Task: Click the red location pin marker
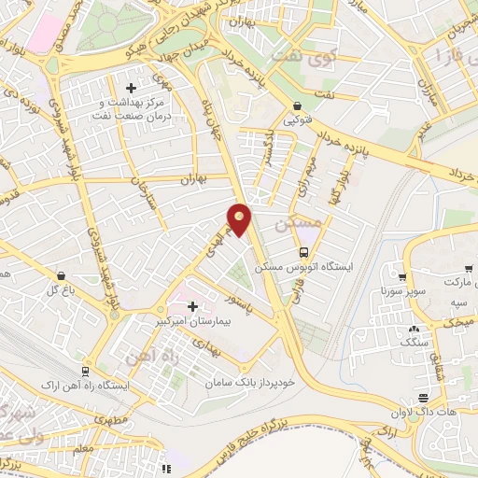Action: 240,219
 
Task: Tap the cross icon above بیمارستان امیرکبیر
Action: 193,306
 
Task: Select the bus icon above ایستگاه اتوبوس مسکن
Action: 304,252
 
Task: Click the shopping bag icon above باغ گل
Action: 62,276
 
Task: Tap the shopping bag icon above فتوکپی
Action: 297,106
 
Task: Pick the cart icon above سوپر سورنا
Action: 402,277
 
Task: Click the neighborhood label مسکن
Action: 300,225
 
